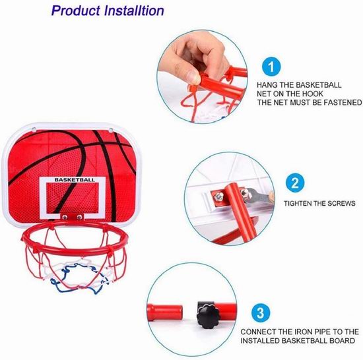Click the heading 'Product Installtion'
[108, 11]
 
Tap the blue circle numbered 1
[271, 67]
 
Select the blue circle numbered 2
[295, 183]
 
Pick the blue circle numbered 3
[261, 313]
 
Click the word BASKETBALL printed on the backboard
[75, 179]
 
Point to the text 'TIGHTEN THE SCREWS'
[319, 204]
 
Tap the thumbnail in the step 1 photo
[193, 76]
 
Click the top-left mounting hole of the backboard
[34, 129]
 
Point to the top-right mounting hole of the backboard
[110, 130]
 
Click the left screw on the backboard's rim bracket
[65, 217]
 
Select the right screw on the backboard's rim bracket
[79, 217]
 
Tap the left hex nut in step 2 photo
[218, 196]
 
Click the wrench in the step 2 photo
[257, 196]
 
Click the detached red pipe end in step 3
[165, 313]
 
